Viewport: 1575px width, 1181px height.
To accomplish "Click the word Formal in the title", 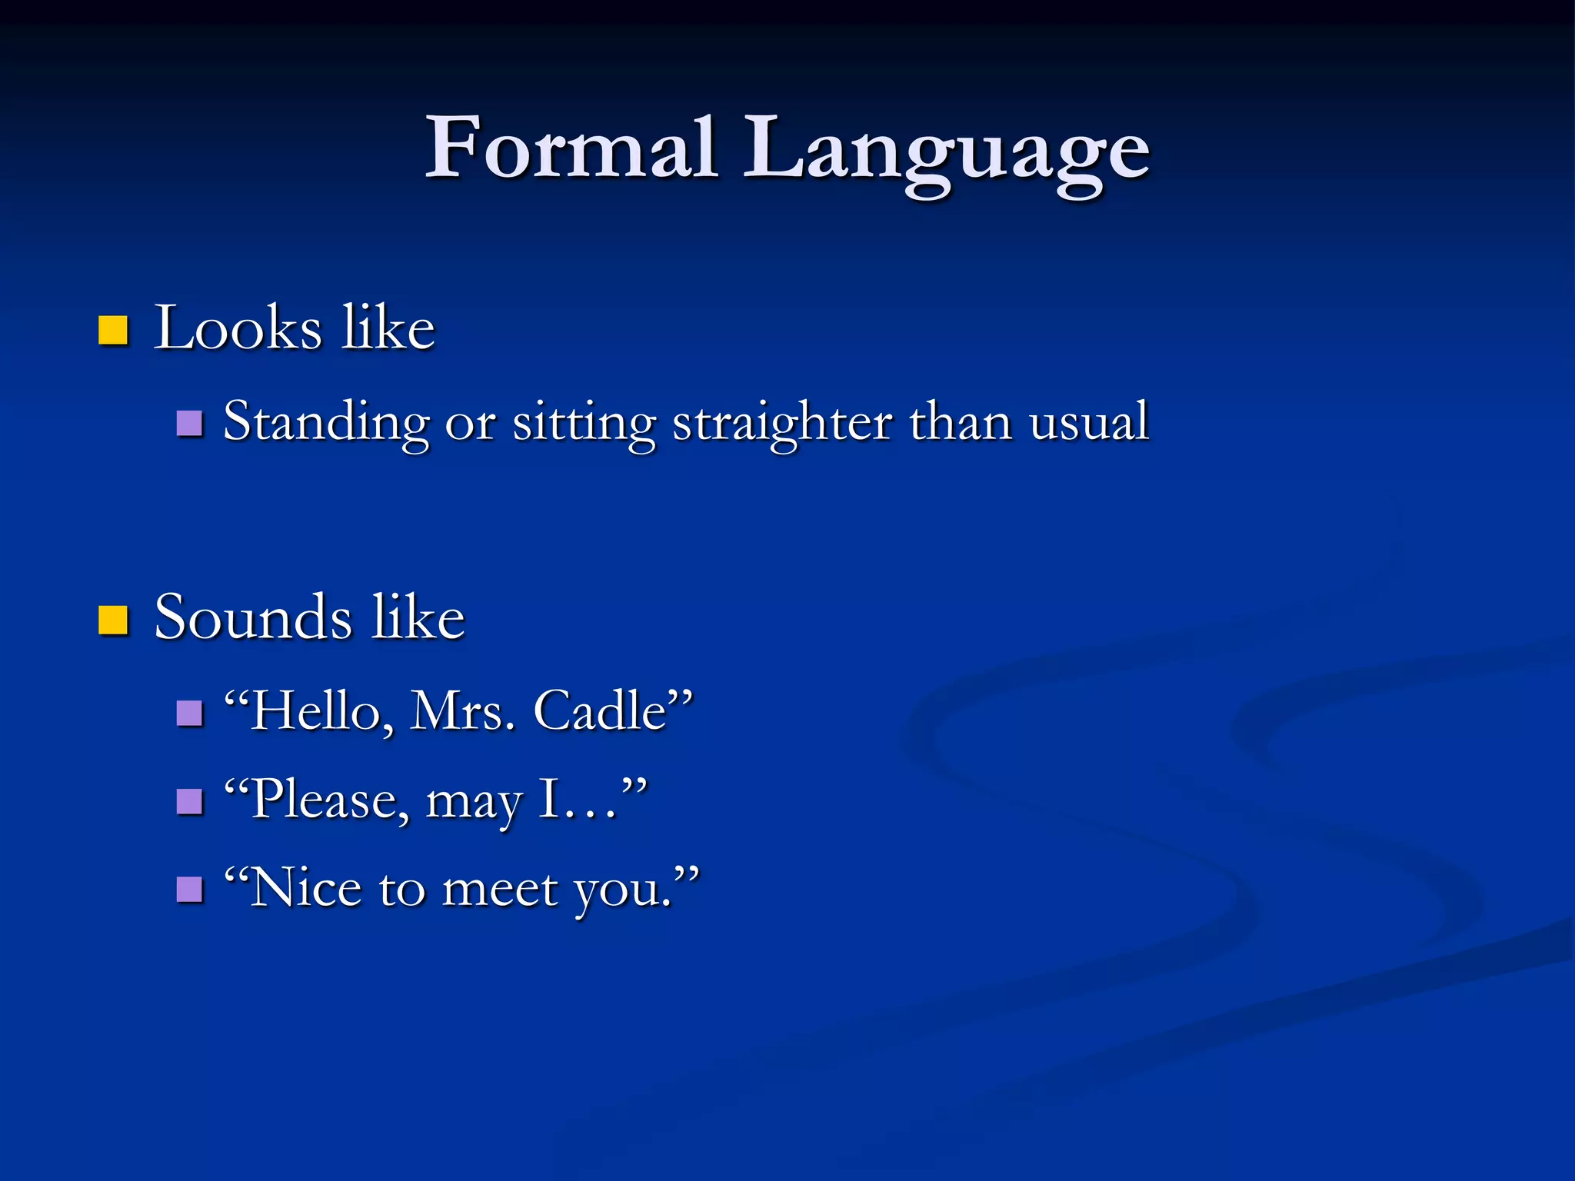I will tap(571, 148).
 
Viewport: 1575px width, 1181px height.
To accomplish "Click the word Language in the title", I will tap(947, 151).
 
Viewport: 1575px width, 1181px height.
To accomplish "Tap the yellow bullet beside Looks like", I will tap(113, 330).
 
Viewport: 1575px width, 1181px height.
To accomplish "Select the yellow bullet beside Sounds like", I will tap(113, 620).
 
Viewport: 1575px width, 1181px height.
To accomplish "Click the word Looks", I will tap(237, 328).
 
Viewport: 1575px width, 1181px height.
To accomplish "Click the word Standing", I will tap(326, 423).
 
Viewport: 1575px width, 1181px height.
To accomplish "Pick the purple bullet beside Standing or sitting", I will tap(189, 423).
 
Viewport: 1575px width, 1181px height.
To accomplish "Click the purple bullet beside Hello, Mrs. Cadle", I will tap(189, 713).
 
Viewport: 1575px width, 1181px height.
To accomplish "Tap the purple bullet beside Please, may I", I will tap(189, 801).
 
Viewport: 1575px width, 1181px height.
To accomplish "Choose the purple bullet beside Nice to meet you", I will tap(189, 890).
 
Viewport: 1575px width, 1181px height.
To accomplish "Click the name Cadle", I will tap(600, 710).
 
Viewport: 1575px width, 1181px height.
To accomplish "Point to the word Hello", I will tap(315, 710).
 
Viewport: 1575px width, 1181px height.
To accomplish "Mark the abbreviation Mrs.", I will tap(461, 710).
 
